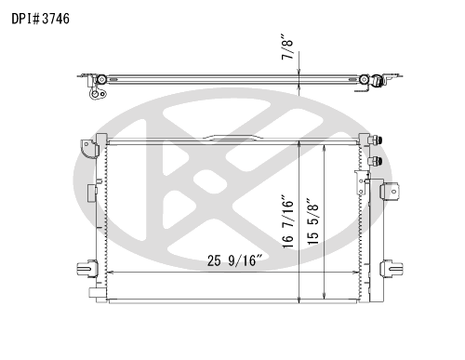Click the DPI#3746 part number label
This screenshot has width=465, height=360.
pos(40,19)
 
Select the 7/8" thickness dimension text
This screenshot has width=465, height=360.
pos(287,47)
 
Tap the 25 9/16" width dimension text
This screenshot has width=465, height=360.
pos(235,260)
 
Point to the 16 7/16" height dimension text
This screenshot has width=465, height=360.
pos(287,221)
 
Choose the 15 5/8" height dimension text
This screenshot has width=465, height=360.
pos(312,222)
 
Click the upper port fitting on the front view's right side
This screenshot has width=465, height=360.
pos(376,140)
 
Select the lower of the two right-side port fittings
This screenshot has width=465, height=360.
pos(376,161)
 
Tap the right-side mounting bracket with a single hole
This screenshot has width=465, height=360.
pos(390,192)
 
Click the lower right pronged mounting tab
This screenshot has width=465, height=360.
pos(392,269)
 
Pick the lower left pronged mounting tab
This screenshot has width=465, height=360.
pos(87,269)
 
